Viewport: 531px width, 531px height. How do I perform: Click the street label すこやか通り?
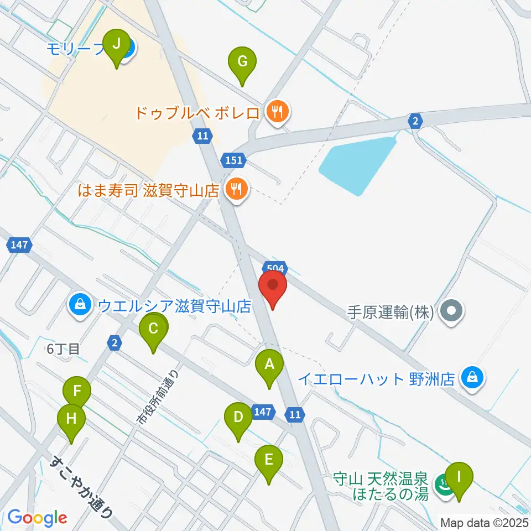(83, 486)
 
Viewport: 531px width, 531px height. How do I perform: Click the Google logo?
(37, 517)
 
